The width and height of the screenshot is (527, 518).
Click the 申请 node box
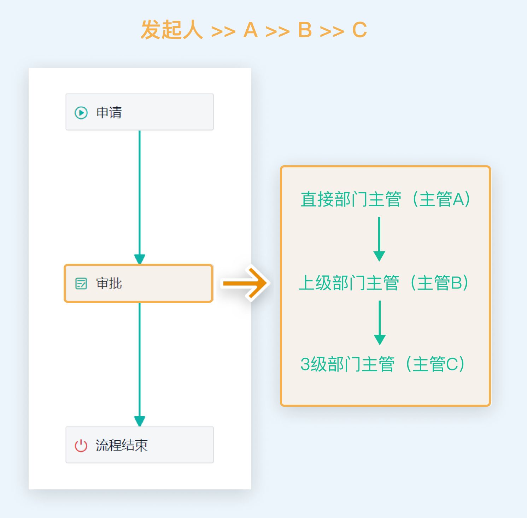139,112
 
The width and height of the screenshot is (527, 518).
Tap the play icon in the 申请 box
81,113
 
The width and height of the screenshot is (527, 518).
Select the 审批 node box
139,283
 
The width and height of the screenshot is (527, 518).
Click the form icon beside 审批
81,283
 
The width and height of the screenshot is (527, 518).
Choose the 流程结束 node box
139,445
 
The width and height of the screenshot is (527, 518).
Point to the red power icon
81,445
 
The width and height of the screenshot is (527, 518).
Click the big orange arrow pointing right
245,283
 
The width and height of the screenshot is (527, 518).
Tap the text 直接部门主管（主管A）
385,199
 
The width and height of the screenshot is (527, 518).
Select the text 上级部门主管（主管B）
383,283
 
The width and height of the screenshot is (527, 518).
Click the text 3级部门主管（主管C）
382,364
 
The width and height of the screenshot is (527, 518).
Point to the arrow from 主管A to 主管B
379,239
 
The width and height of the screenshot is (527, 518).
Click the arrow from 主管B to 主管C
380,322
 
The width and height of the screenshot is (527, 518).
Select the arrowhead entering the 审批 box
140,259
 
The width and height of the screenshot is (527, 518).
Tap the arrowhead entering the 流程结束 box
140,421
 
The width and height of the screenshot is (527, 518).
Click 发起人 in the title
171,30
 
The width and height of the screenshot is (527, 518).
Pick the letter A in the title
250,30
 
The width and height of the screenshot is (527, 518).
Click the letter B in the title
305,30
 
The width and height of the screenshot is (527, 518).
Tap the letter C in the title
359,30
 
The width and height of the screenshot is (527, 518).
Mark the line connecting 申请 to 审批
140,191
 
